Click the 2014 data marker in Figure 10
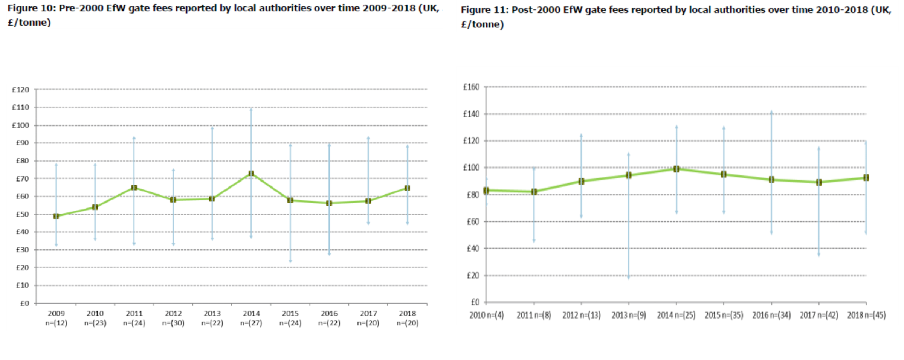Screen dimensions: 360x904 click(251, 174)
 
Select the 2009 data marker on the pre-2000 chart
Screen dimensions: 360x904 click(56, 216)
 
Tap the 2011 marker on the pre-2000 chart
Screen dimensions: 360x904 click(134, 188)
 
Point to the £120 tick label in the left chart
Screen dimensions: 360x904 click(20, 90)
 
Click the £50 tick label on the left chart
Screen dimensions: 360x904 click(22, 214)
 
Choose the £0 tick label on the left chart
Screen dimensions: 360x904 click(24, 303)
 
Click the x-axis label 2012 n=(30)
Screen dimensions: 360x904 click(173, 318)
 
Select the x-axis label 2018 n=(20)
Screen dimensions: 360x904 click(407, 318)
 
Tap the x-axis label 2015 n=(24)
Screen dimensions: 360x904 click(290, 318)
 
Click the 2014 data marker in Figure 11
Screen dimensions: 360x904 click(676, 169)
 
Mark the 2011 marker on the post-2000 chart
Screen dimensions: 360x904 click(534, 192)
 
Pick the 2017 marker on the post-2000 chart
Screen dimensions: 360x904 click(818, 182)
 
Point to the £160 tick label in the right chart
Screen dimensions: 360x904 click(471, 87)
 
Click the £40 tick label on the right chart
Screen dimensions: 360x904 click(473, 249)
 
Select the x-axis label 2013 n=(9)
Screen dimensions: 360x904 click(629, 315)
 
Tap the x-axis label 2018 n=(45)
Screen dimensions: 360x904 click(866, 315)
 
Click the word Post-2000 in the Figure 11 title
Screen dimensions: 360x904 click(535, 10)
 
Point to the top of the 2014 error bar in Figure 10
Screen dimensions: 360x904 click(251, 109)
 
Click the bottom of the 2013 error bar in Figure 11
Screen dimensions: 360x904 click(629, 278)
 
